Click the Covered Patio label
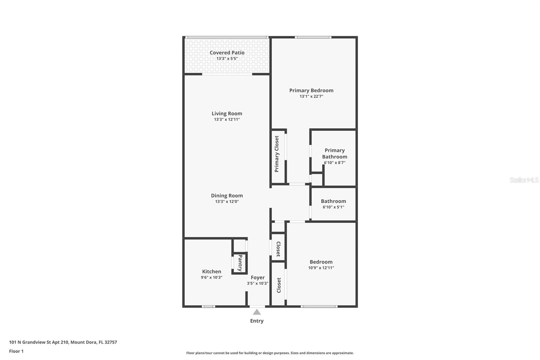227,53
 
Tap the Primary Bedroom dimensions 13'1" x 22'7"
311,96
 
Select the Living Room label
227,113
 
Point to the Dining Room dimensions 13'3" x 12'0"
227,202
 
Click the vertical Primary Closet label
277,154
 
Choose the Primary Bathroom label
334,153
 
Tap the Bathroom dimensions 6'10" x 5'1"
333,207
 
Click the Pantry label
240,263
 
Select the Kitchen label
212,272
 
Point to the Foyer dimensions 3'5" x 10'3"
258,283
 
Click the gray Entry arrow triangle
257,312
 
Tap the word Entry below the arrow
257,321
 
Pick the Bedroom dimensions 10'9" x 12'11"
321,268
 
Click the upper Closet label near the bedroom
278,249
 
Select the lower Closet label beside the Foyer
279,285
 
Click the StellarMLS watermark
524,180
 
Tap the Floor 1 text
16,351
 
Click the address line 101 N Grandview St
63,342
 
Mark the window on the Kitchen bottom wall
208,306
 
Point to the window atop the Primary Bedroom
313,37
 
